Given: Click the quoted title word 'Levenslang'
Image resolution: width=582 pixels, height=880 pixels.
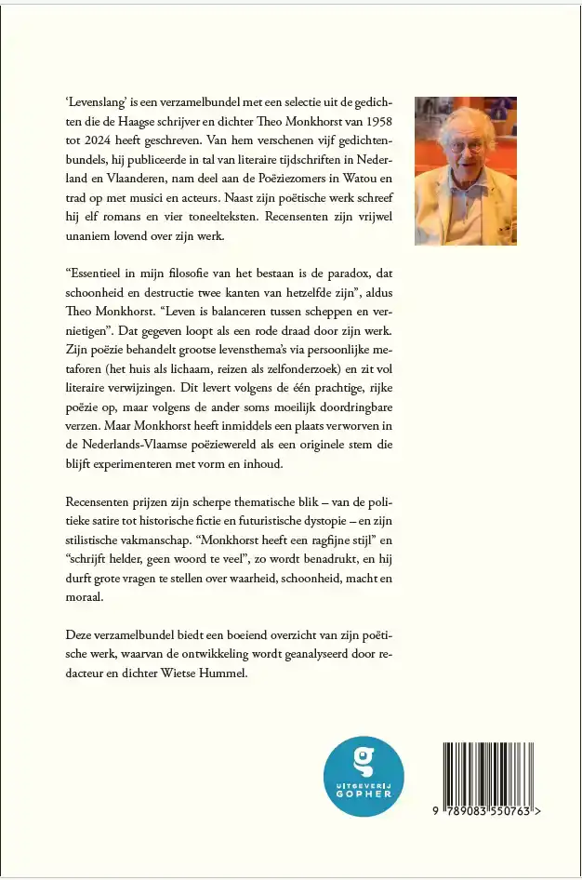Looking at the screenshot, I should (97, 102).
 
